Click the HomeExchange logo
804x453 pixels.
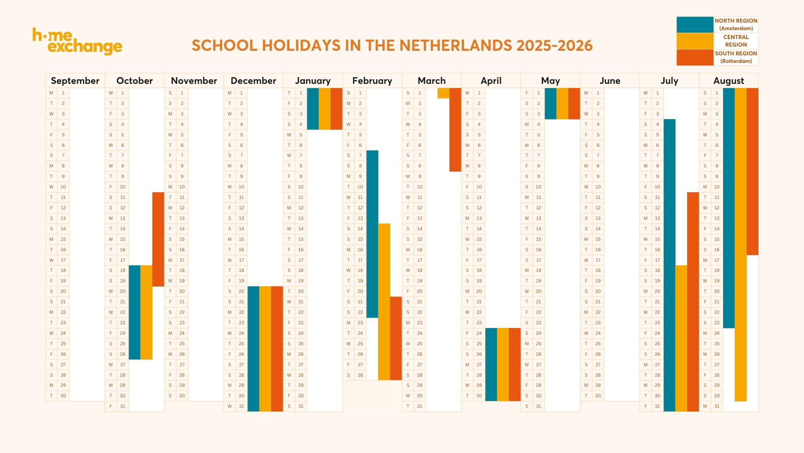tap(77, 42)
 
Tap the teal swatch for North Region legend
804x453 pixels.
tap(695, 25)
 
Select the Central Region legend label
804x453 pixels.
tap(736, 41)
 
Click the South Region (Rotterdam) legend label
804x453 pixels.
tap(736, 57)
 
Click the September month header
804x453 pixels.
tap(75, 81)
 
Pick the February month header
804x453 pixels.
tap(372, 81)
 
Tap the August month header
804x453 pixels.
tap(729, 81)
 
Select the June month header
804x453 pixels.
tap(610, 81)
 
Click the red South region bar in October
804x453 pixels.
tap(158, 239)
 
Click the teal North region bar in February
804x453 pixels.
tap(372, 234)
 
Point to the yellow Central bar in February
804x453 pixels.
tap(384, 302)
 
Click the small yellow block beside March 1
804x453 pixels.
tap(443, 93)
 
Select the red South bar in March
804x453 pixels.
tap(455, 130)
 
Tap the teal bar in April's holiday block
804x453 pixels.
tap(491, 364)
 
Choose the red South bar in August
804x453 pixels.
tap(752, 171)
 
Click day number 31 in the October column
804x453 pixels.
tap(123, 406)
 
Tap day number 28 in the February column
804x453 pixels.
tap(360, 375)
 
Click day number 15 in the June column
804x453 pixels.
tap(598, 239)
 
